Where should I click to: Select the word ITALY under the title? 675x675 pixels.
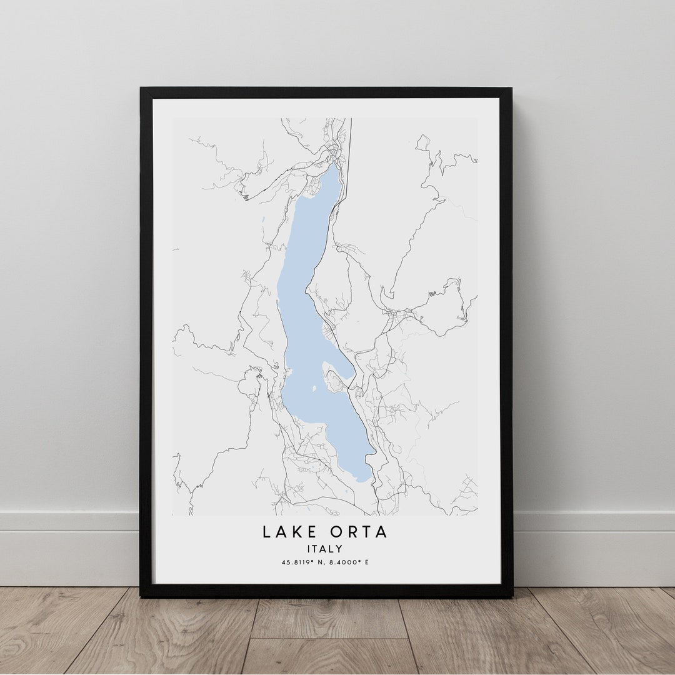pos(325,549)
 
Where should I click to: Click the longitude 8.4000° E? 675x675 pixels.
pos(347,562)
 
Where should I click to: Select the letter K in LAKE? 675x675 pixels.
pos(294,532)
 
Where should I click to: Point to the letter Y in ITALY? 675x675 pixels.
pos(339,549)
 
